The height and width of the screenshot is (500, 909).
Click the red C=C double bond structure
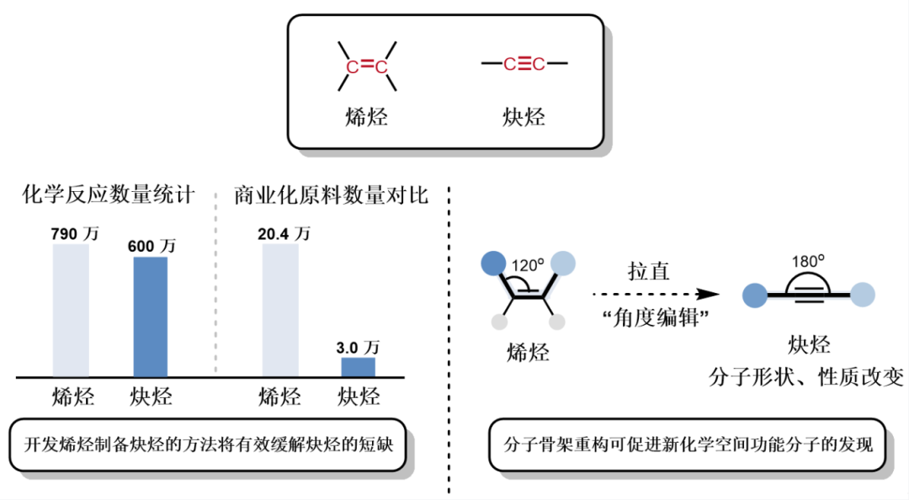(x=367, y=66)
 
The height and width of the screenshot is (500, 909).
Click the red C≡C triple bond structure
(x=524, y=64)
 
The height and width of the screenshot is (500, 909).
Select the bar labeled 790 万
(x=71, y=311)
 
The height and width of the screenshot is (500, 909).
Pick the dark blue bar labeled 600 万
(x=151, y=316)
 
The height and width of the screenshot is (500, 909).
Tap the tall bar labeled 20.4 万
(x=279, y=311)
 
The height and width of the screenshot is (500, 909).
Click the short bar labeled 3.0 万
(x=359, y=367)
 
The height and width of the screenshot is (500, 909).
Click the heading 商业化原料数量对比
(x=332, y=196)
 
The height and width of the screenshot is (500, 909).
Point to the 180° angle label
(x=808, y=260)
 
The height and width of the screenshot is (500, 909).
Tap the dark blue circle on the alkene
(x=493, y=263)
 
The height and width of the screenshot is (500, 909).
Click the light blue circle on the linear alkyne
(x=863, y=295)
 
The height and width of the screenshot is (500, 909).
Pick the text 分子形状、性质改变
(x=808, y=376)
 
